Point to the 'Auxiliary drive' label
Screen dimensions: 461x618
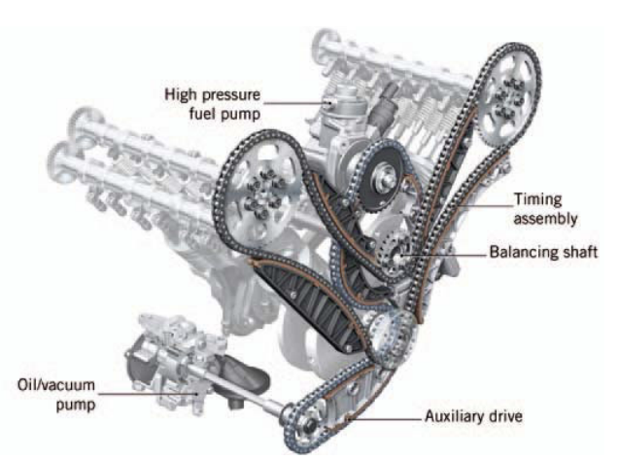[473, 417]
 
